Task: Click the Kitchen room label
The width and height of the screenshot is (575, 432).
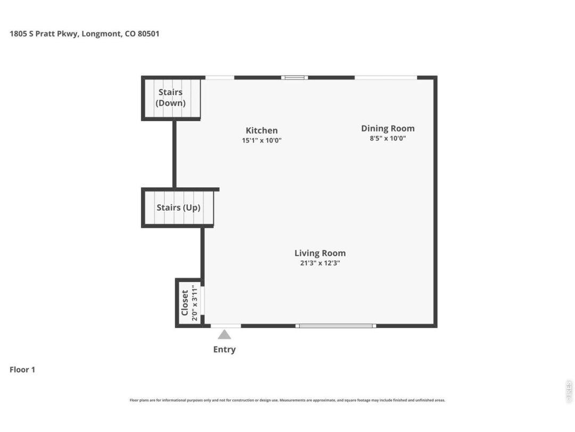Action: (261, 131)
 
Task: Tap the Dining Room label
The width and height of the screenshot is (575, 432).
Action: (388, 129)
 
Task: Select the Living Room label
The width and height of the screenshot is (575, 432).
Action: (320, 253)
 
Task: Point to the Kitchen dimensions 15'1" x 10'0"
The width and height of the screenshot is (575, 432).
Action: (261, 140)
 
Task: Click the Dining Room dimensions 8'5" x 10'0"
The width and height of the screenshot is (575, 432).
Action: (388, 139)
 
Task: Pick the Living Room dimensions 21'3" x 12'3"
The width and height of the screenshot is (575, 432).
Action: (320, 263)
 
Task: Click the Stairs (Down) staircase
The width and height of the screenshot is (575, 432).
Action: (171, 98)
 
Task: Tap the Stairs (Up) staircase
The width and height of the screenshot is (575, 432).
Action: (178, 207)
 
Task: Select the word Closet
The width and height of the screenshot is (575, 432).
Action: (184, 303)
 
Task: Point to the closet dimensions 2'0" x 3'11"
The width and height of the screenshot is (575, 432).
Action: (194, 303)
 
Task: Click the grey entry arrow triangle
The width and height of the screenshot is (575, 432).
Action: (225, 334)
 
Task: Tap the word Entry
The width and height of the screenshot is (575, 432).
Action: (225, 349)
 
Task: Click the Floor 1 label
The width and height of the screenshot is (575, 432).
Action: (22, 370)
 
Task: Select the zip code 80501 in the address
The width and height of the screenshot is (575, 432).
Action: (149, 34)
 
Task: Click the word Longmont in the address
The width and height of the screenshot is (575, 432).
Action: (101, 34)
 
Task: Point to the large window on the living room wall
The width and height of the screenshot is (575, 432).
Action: (336, 326)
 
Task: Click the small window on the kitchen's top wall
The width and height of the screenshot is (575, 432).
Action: (295, 77)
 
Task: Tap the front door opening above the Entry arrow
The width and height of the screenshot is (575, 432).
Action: (226, 326)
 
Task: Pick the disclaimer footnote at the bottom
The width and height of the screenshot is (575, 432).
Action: (287, 400)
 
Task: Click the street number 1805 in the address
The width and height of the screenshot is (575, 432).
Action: (18, 34)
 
